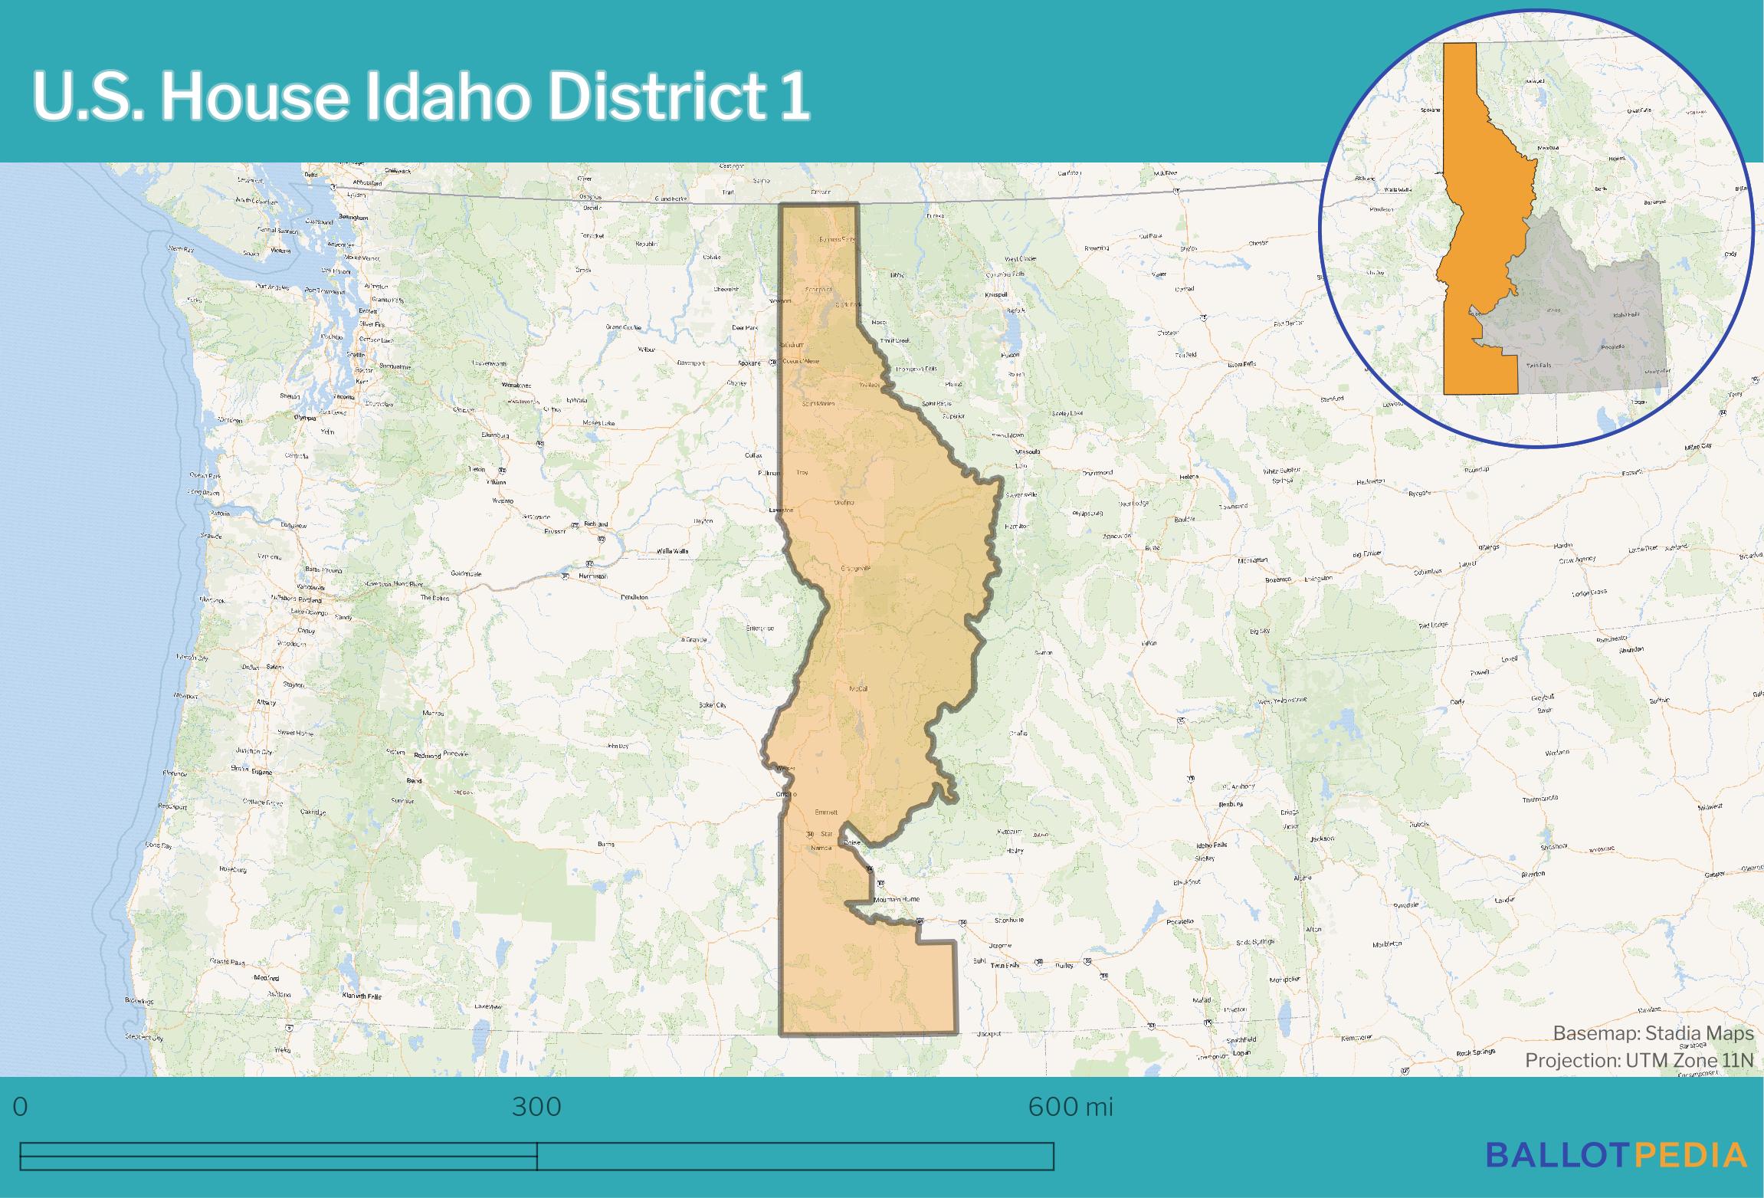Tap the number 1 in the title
point(795,97)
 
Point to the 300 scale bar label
point(536,1107)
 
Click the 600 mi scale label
point(1070,1107)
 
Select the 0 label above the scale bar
point(21,1107)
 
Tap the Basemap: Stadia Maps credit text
point(1653,1034)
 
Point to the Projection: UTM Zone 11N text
point(1638,1060)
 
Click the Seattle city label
point(356,355)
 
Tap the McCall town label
point(858,689)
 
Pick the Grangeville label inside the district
point(856,569)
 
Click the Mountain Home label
point(896,899)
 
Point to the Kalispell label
point(996,294)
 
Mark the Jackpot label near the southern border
point(989,1034)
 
